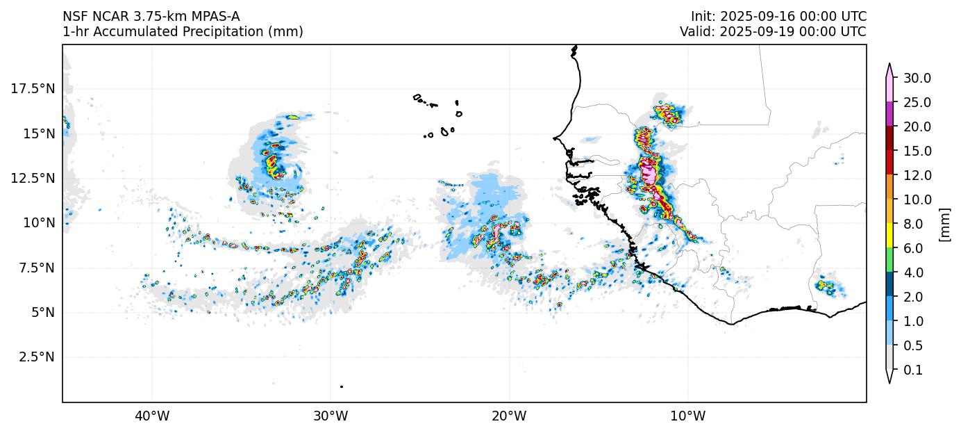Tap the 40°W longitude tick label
[151, 416]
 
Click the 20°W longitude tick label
[509, 416]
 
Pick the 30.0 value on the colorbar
[917, 78]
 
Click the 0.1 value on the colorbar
[913, 370]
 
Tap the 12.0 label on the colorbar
[917, 175]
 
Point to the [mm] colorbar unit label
[944, 224]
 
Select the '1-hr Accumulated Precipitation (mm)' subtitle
[183, 32]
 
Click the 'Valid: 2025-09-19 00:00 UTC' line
[773, 32]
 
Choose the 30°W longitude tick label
[331, 416]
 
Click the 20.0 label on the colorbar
[917, 126]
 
